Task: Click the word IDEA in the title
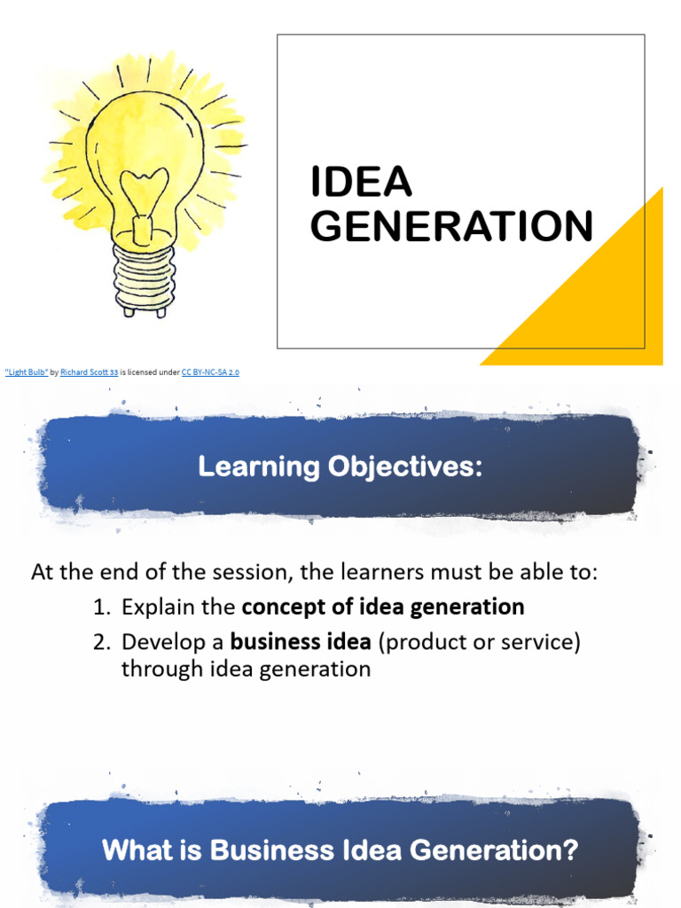click(361, 183)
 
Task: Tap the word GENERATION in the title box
click(451, 226)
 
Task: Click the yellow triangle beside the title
click(603, 301)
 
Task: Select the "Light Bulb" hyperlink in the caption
click(27, 372)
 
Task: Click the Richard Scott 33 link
click(89, 372)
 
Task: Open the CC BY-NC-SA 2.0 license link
click(210, 372)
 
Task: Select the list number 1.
click(100, 607)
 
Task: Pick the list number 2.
click(100, 642)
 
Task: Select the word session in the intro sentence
click(246, 573)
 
